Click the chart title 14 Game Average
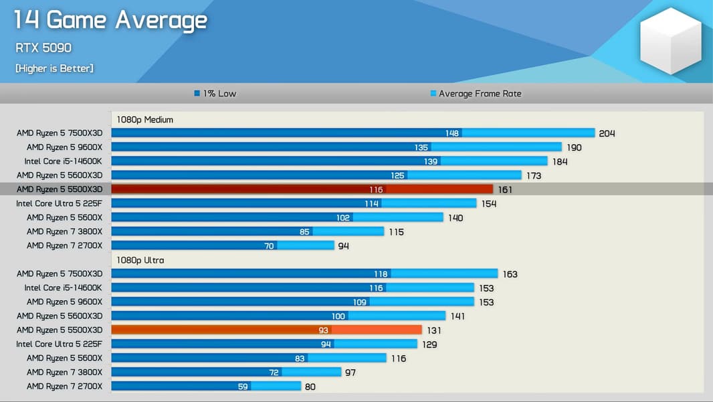point(110,20)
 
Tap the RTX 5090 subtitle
point(43,48)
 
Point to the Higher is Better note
point(54,68)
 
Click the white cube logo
point(670,41)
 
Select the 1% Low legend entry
point(215,94)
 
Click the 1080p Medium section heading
point(144,120)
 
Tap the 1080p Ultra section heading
point(140,260)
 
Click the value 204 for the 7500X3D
point(607,133)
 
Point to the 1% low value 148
point(452,133)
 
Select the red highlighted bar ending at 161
point(302,190)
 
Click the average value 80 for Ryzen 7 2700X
point(310,387)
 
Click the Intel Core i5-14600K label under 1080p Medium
point(63,161)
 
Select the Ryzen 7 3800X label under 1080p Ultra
point(64,373)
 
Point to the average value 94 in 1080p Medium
point(343,246)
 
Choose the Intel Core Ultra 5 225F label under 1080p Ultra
point(59,344)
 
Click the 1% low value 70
point(269,246)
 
